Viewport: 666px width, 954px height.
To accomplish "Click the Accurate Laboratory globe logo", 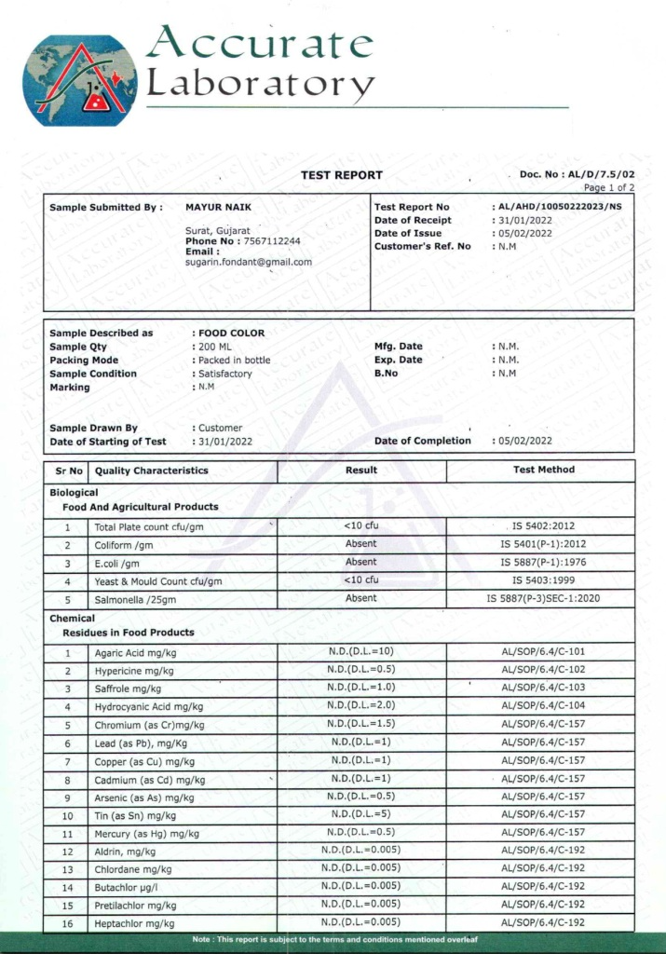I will (80, 80).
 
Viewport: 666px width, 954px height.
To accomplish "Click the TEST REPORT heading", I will (341, 175).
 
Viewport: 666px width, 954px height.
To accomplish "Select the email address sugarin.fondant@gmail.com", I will (249, 262).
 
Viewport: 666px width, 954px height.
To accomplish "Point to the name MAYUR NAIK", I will (219, 207).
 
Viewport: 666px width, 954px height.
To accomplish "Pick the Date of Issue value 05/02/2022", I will (525, 233).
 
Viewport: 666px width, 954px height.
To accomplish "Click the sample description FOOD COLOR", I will (231, 333).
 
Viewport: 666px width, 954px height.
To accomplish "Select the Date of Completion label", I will (422, 441).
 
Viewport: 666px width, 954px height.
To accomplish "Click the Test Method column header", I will (544, 470).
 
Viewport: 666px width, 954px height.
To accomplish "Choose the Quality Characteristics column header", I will (151, 470).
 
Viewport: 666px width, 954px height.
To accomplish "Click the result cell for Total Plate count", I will (361, 526).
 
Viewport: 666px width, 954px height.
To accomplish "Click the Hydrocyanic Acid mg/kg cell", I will (148, 707).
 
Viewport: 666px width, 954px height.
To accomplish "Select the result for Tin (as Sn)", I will (361, 814).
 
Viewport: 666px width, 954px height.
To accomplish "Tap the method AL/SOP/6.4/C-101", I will (543, 652).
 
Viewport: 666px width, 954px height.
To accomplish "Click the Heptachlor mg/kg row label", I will (134, 923).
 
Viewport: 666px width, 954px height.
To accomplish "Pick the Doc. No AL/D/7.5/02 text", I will (577, 174).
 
